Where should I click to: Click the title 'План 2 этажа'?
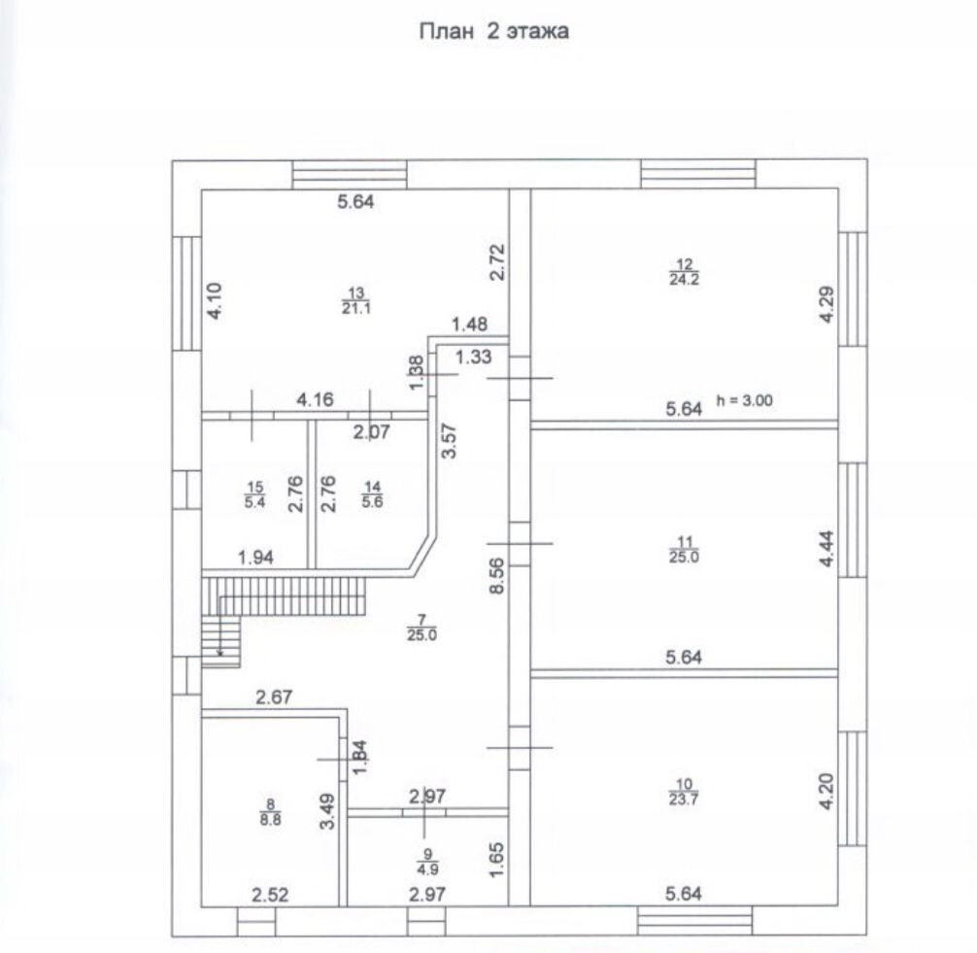click(493, 31)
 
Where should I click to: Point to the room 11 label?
click(685, 550)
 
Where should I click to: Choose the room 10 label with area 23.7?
click(685, 793)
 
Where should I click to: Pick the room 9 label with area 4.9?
click(424, 863)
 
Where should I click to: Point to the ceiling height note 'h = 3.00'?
click(743, 398)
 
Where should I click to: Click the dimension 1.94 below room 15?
click(256, 557)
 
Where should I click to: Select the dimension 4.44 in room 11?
click(826, 549)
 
